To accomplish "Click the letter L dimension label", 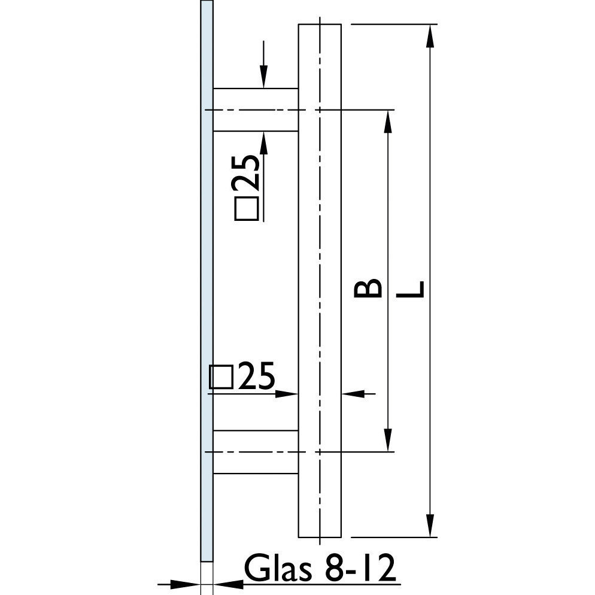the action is coord(410,289).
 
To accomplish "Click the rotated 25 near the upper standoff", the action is coord(247,172).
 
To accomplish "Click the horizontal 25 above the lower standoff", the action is coord(255,377).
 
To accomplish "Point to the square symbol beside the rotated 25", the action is coord(247,209).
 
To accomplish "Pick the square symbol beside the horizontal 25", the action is coord(221,377).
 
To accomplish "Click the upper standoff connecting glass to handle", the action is coord(256,110).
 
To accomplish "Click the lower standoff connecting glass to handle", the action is coord(256,452).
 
